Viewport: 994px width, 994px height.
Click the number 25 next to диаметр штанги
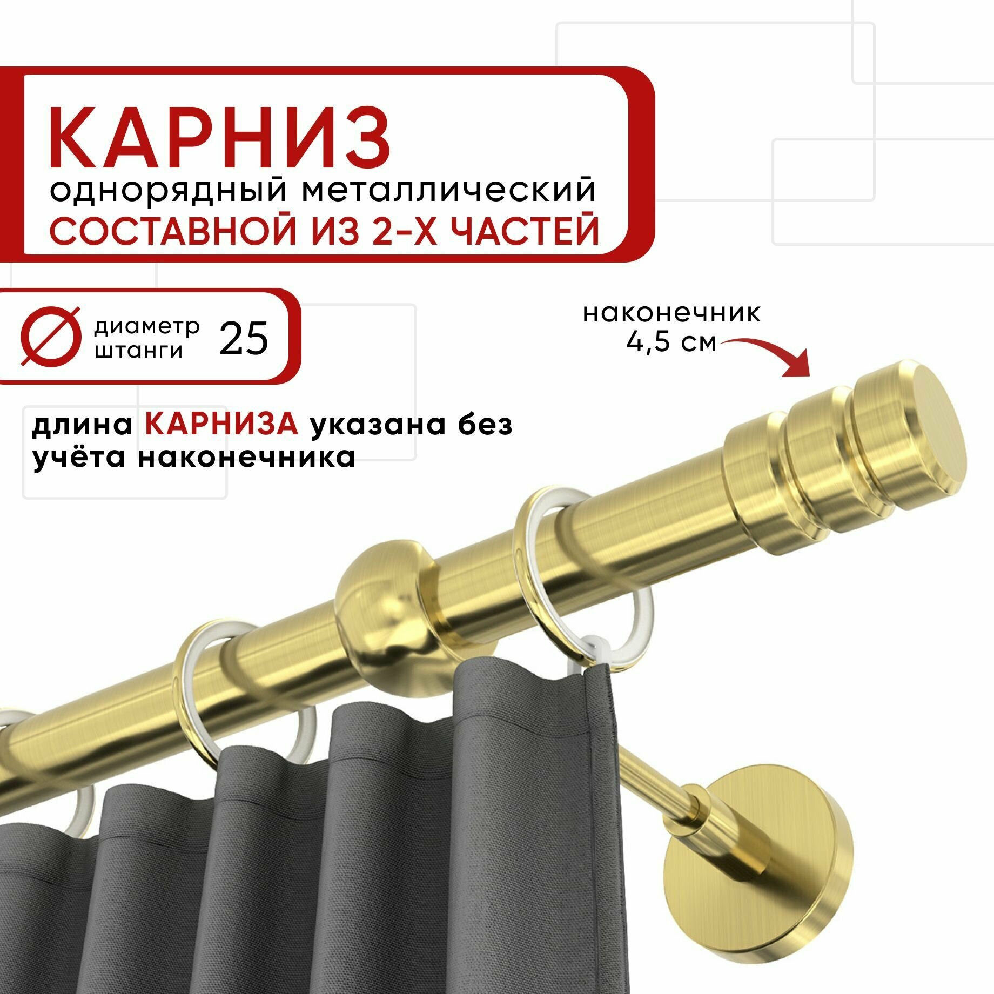(244, 339)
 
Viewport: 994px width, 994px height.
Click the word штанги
(139, 352)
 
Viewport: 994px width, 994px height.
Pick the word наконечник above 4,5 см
(671, 313)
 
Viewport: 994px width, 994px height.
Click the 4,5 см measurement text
(671, 342)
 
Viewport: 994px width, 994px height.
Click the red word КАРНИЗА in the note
(221, 425)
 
